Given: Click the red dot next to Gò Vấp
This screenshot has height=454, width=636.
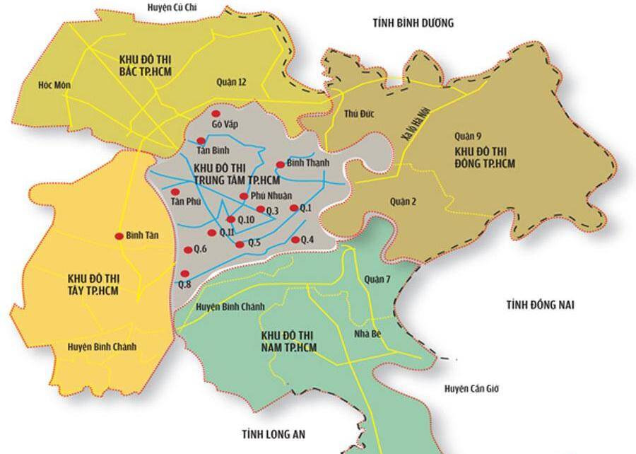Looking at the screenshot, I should pyautogui.click(x=217, y=114).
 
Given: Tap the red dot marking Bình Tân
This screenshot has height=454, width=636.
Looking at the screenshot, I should pyautogui.click(x=119, y=237).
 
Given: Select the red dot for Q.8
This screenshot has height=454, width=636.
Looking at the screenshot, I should pyautogui.click(x=184, y=274).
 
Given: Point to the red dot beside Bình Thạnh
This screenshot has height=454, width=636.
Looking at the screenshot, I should pyautogui.click(x=280, y=165).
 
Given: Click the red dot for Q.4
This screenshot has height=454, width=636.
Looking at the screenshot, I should pyautogui.click(x=295, y=239).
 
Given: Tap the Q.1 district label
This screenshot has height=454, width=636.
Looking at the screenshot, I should pyautogui.click(x=306, y=208).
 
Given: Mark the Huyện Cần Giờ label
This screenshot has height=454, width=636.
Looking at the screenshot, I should pyautogui.click(x=471, y=389).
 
